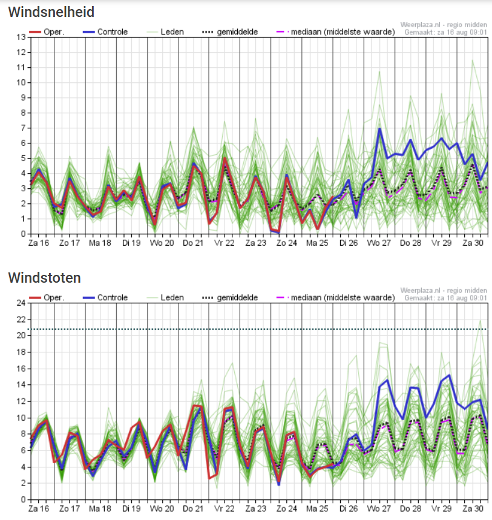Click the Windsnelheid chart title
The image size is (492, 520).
[51, 12]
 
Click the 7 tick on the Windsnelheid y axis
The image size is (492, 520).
[22, 128]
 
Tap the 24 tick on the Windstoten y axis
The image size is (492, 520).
[21, 303]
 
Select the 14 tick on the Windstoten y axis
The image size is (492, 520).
[21, 384]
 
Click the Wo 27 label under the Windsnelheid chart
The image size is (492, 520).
[379, 243]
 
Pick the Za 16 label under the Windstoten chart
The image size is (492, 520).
[39, 508]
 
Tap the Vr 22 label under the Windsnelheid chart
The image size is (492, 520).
[225, 243]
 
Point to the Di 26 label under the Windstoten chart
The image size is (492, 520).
[349, 508]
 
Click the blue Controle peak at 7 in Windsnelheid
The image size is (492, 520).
[379, 128]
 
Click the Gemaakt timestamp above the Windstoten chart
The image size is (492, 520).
[445, 298]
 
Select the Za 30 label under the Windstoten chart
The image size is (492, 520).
[473, 508]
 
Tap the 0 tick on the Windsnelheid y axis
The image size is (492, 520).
[22, 234]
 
